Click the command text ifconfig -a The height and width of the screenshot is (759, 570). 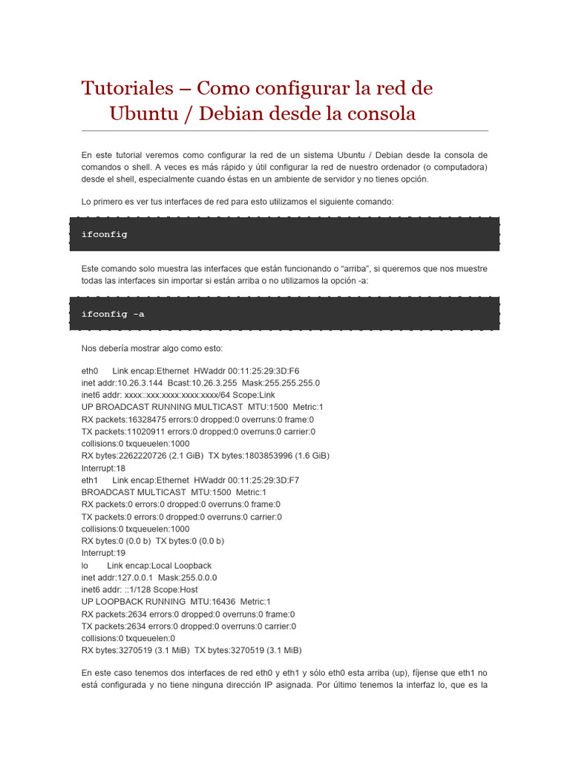[113, 314]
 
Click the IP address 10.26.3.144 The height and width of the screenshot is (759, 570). [140, 383]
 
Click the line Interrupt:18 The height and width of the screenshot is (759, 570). [103, 468]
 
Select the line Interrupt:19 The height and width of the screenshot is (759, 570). [103, 553]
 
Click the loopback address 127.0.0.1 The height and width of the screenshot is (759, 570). [133, 577]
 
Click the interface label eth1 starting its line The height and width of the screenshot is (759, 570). [90, 480]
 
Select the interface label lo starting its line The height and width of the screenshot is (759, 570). [85, 566]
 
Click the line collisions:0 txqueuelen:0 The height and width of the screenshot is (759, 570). [128, 638]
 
